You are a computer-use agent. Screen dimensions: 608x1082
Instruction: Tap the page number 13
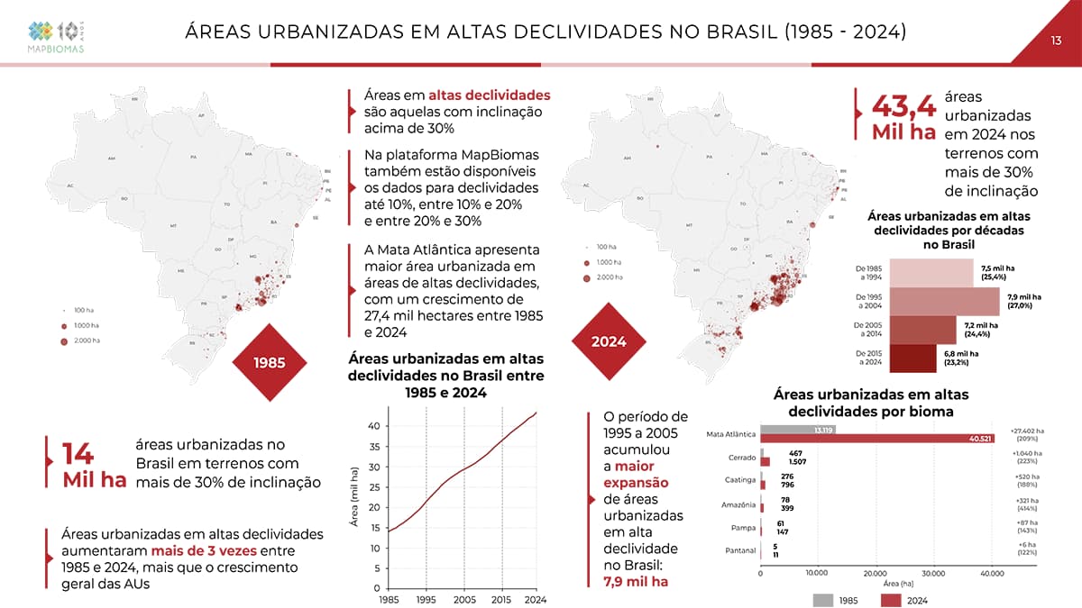point(1057,40)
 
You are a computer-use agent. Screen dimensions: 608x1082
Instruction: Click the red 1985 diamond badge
point(270,362)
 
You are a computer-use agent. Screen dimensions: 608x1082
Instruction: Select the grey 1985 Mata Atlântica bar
point(798,429)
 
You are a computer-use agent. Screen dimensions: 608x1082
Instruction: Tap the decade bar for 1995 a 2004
point(944,300)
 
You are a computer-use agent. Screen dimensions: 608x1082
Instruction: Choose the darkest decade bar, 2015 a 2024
point(912,358)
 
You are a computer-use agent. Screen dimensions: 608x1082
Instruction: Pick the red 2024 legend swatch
point(893,599)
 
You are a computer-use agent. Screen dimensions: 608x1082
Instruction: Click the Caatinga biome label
point(739,479)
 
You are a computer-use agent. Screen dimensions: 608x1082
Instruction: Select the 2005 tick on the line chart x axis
point(464,600)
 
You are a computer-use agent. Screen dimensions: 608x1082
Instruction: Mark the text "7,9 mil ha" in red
point(636,581)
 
